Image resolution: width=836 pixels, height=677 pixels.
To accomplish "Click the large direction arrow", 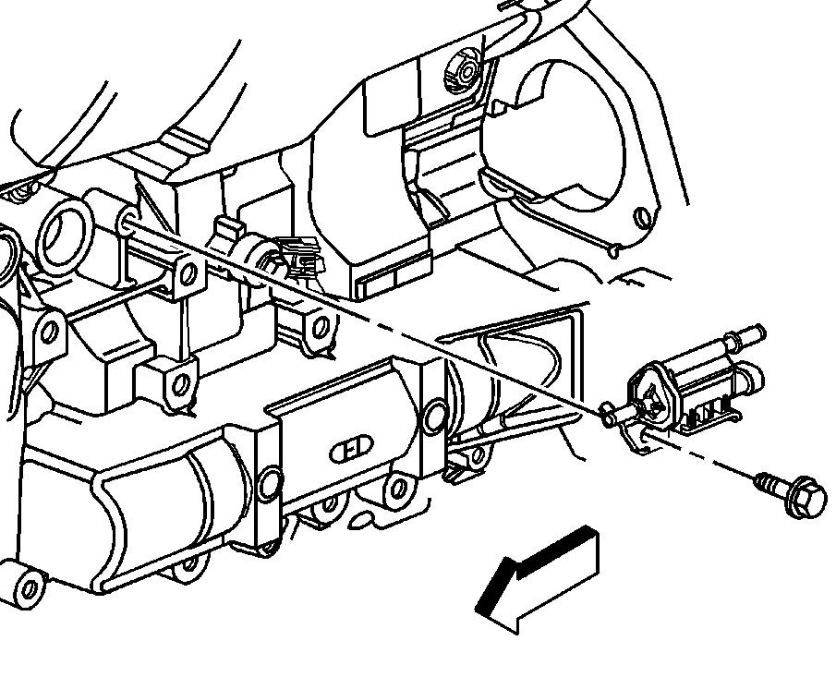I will (537, 582).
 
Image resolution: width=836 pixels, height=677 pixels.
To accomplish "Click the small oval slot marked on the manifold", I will (350, 450).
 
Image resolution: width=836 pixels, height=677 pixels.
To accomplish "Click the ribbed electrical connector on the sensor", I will (299, 253).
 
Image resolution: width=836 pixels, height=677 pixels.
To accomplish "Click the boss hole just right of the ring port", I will (188, 274).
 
